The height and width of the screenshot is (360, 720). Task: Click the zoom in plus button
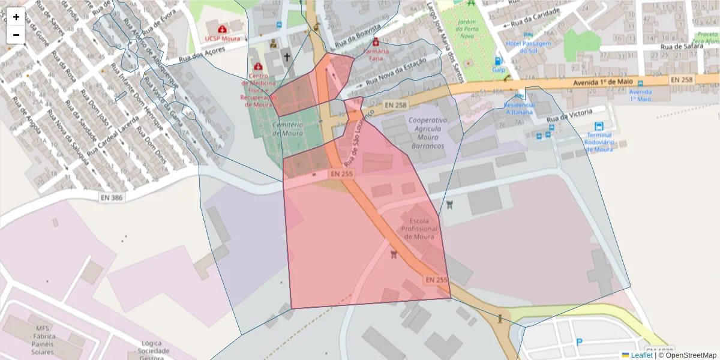click(16, 17)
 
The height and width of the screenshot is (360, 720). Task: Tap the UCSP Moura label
click(222, 38)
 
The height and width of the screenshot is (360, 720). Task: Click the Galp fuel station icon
click(497, 61)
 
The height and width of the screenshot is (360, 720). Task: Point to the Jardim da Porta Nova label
click(466, 26)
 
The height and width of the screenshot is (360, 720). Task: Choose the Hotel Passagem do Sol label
click(528, 47)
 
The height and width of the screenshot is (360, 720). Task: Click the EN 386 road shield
click(112, 197)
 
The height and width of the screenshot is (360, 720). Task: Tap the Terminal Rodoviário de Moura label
click(599, 142)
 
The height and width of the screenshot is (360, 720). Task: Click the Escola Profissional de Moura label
click(422, 229)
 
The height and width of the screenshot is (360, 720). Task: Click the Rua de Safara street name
click(680, 46)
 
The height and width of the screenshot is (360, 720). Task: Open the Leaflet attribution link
click(641, 355)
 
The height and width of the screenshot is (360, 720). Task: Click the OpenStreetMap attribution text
click(691, 355)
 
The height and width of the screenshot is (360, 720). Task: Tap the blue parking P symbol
click(579, 343)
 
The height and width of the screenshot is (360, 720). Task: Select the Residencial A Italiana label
click(519, 108)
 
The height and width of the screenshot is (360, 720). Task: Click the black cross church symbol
click(287, 58)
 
